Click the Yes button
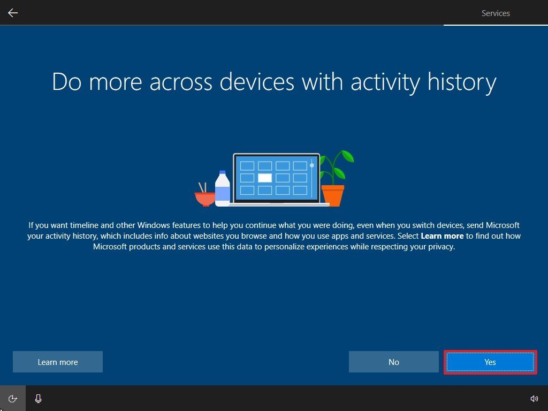[490, 362]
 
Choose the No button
[393, 362]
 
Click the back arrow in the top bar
[13, 13]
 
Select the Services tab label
[496, 13]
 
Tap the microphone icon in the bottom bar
[39, 399]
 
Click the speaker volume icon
[534, 399]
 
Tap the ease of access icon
[12, 399]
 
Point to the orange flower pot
[332, 195]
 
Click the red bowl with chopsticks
[204, 198]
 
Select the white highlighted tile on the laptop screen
[265, 178]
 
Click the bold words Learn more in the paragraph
[442, 236]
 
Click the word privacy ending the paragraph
[439, 247]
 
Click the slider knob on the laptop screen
[312, 165]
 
